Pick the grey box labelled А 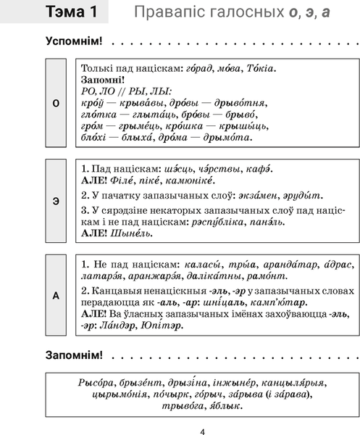pos(56,294)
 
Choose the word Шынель pos(133,233)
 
